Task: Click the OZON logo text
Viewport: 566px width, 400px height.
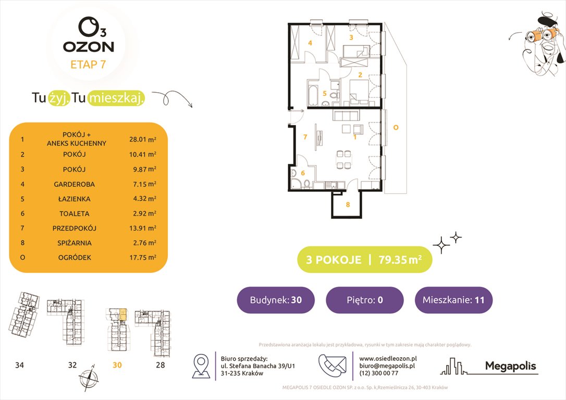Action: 88,46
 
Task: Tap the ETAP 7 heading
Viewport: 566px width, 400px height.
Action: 88,65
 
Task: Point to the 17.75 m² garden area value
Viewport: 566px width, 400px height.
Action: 143,257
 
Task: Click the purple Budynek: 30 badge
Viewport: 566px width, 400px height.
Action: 276,300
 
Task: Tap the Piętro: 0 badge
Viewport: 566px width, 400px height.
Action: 364,300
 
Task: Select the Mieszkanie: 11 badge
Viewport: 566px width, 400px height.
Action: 453,300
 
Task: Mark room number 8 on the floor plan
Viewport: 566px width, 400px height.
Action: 348,205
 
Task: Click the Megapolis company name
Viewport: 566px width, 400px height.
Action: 510,366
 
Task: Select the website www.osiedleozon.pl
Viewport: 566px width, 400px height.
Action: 388,358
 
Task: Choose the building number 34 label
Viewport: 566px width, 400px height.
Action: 19,365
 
